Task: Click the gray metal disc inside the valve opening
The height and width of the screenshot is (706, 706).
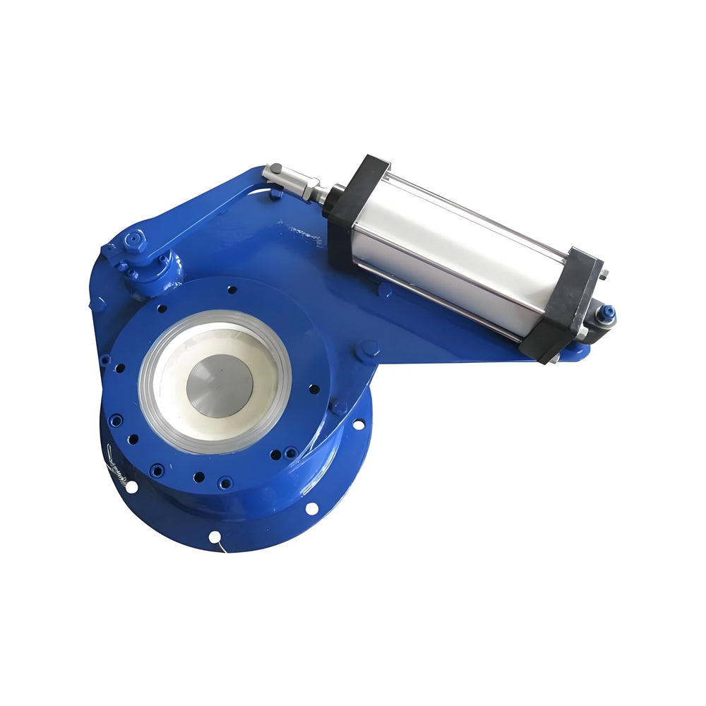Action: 219,385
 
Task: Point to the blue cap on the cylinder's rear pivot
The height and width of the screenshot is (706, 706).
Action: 606,313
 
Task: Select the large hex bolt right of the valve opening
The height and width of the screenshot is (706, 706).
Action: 368,350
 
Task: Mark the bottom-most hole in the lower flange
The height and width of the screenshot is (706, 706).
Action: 215,537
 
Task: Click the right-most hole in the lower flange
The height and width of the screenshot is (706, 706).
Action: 358,424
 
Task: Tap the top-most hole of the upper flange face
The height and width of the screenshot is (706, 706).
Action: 232,289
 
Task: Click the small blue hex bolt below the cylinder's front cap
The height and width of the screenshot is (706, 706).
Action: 385,289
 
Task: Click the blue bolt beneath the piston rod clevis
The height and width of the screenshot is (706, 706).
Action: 275,193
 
